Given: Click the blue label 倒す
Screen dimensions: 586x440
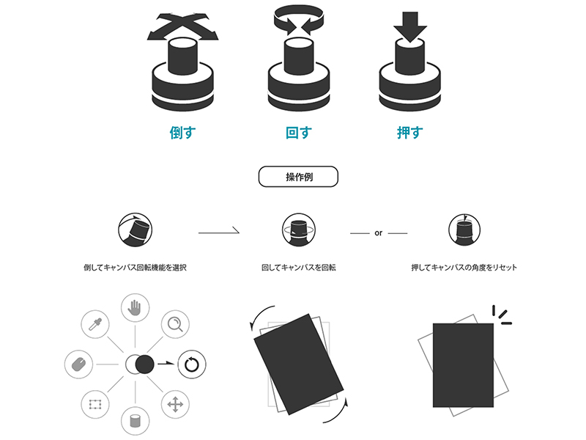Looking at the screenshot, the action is (x=182, y=133).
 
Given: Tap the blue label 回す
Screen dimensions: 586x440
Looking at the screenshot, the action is (x=299, y=133).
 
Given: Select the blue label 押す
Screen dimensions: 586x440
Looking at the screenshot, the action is (x=410, y=133).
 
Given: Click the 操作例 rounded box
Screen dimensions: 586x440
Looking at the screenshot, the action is (x=298, y=177).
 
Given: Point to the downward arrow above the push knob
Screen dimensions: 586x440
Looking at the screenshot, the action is (x=410, y=26).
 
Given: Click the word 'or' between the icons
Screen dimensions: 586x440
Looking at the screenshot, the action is (x=378, y=233).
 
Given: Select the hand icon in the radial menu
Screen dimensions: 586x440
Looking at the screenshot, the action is (x=135, y=307).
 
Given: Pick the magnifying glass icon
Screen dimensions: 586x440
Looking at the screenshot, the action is (x=175, y=324).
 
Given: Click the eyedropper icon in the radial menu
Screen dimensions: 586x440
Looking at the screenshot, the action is (x=95, y=324).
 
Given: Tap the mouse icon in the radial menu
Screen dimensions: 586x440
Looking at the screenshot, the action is (x=78, y=364).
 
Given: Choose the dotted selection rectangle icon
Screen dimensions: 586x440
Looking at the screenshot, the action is (x=95, y=404).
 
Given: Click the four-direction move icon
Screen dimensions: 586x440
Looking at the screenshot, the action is (x=175, y=404).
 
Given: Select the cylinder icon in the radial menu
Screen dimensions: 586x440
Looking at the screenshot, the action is (x=135, y=420).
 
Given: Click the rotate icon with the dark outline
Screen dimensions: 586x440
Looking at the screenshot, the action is (x=191, y=364).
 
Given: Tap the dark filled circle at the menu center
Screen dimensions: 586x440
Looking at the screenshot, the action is (x=144, y=364).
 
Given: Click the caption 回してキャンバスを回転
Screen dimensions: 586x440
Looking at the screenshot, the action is (x=299, y=268).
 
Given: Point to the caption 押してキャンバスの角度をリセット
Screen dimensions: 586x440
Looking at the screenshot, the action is (x=464, y=268).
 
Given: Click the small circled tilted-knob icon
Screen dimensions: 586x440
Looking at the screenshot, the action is (x=135, y=230).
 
